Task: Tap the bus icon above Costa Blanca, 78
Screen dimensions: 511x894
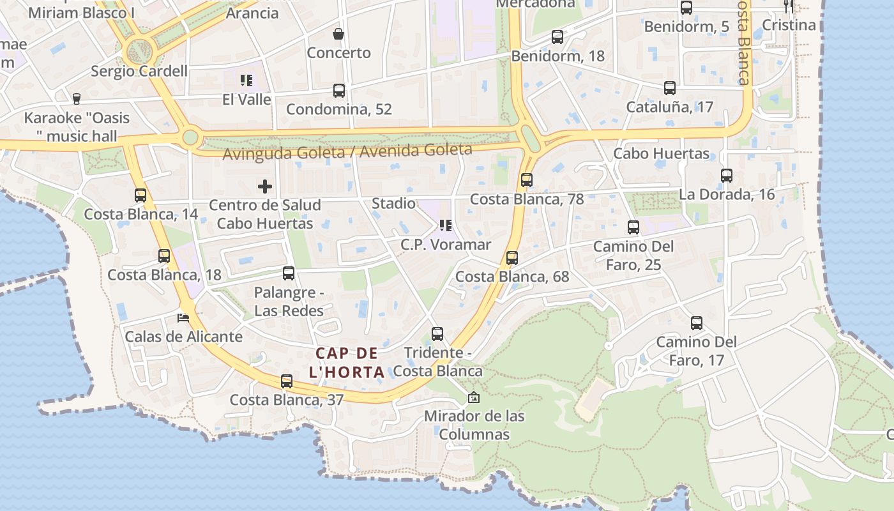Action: click(x=527, y=180)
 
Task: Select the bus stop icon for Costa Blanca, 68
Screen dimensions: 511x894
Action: click(x=511, y=258)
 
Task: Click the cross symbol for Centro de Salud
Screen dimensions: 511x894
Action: click(x=265, y=187)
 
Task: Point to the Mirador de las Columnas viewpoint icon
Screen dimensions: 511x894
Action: click(x=474, y=397)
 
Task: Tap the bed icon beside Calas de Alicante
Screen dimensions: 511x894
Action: click(x=183, y=317)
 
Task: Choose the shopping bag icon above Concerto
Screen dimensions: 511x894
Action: click(x=338, y=34)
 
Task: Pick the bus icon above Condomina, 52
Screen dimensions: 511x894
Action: click(x=339, y=91)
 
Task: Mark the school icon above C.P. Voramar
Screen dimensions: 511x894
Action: click(x=445, y=225)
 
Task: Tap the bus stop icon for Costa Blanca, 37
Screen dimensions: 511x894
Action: click(x=287, y=381)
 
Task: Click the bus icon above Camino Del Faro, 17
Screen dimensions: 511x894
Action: click(x=697, y=323)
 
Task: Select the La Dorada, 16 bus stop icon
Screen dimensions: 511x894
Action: click(x=727, y=176)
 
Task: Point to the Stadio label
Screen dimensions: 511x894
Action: click(x=393, y=204)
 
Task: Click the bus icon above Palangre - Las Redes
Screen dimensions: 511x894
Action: click(x=289, y=273)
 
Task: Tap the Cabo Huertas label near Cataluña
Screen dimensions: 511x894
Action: click(x=661, y=153)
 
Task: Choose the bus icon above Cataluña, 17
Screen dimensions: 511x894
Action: click(x=670, y=88)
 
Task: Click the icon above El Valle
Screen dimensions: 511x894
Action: click(x=246, y=80)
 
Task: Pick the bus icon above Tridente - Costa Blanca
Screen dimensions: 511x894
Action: click(x=437, y=334)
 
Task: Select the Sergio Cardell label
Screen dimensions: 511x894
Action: click(x=139, y=71)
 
